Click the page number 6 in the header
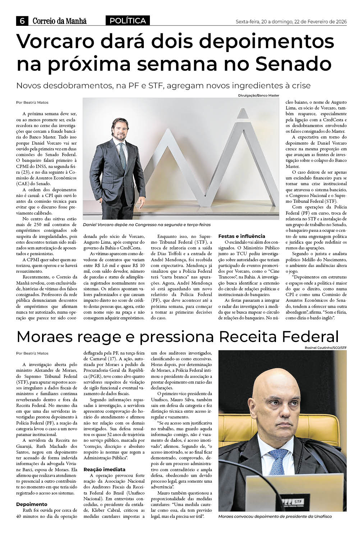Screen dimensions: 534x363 [22, 22]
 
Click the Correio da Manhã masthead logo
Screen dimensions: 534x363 [59, 22]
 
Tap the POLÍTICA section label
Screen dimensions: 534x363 [128, 21]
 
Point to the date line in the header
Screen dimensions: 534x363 [291, 22]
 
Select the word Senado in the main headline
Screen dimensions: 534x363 [294, 64]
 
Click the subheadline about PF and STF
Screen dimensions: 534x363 [164, 86]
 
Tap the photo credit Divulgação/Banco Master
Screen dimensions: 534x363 [258, 95]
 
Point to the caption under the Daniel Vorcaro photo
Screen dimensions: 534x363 [147, 225]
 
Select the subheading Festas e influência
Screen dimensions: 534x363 [242, 236]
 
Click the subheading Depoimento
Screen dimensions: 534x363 [32, 504]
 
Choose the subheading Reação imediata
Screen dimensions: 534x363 [105, 469]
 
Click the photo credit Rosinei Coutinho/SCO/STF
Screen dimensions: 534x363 [326, 347]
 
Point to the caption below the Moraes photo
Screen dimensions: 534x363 [275, 516]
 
